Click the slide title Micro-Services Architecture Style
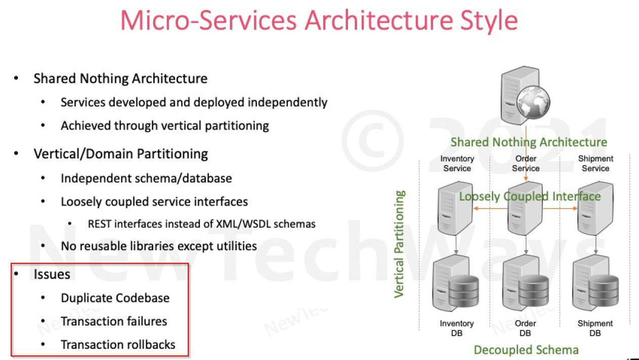[319, 21]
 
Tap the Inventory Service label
[457, 164]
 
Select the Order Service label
[526, 164]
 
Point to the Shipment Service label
[595, 164]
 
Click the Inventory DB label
[456, 328]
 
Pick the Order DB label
[525, 328]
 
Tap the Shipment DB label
[595, 328]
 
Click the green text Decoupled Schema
[526, 350]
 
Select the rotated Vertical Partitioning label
[400, 244]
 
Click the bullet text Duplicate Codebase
[115, 298]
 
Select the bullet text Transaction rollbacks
[118, 345]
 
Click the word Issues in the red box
[52, 274]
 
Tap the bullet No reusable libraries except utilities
[158, 247]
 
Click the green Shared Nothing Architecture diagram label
[529, 142]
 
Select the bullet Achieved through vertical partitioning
[164, 126]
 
